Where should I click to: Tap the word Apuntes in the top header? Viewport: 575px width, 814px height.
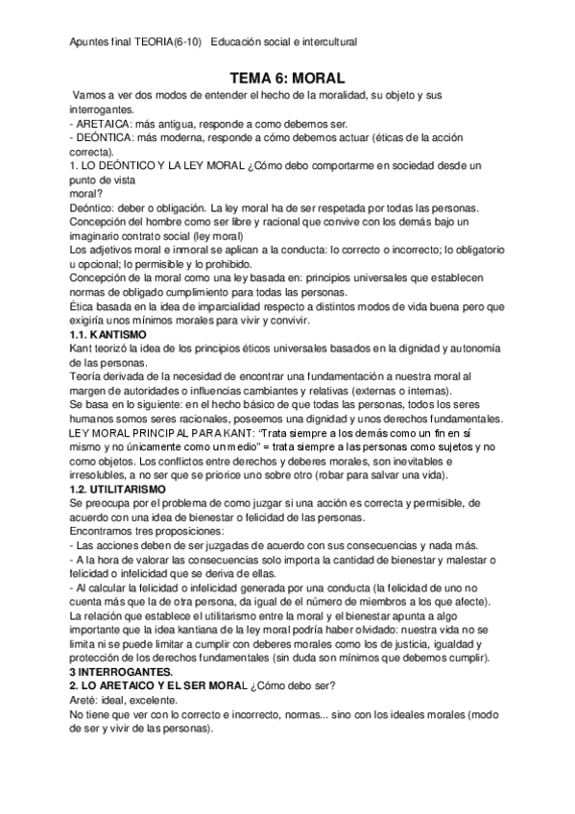[89, 42]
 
